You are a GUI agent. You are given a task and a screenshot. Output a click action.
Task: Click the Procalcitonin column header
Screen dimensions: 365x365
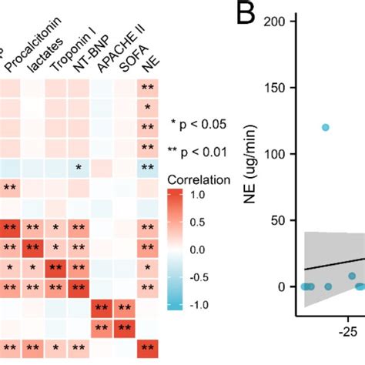[35, 43]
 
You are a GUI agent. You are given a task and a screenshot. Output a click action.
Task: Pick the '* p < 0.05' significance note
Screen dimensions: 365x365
[199, 123]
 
